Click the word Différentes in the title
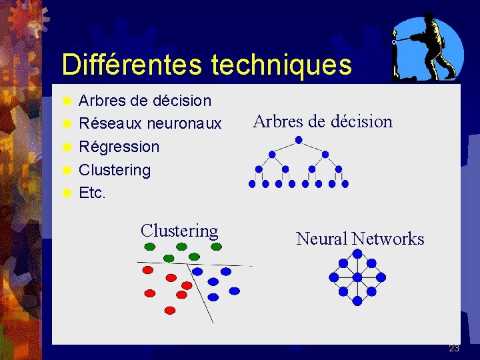(132, 65)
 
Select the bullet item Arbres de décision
(145, 101)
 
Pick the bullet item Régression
(119, 147)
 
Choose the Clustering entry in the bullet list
(115, 170)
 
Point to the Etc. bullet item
(93, 193)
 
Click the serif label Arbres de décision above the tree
(323, 121)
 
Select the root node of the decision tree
(299, 140)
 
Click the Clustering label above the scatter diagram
(179, 231)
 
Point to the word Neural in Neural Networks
(321, 239)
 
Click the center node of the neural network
(357, 277)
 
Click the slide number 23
(454, 348)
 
